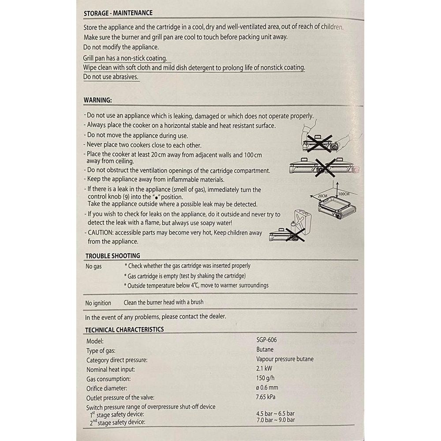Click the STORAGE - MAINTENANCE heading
click(x=118, y=14)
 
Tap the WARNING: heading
click(x=97, y=101)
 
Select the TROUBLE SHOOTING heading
click(x=112, y=255)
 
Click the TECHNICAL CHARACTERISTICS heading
click(x=124, y=329)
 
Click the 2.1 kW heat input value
click(x=264, y=369)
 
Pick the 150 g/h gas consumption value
click(x=266, y=378)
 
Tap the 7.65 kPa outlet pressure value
click(x=265, y=397)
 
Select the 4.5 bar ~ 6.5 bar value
click(x=275, y=414)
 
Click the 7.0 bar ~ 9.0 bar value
click(x=275, y=420)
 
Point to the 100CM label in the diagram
click(x=343, y=193)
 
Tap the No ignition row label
click(x=98, y=303)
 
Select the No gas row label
click(x=93, y=267)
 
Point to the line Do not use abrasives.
click(x=111, y=77)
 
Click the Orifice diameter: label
click(x=107, y=388)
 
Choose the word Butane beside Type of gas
click(x=265, y=350)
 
